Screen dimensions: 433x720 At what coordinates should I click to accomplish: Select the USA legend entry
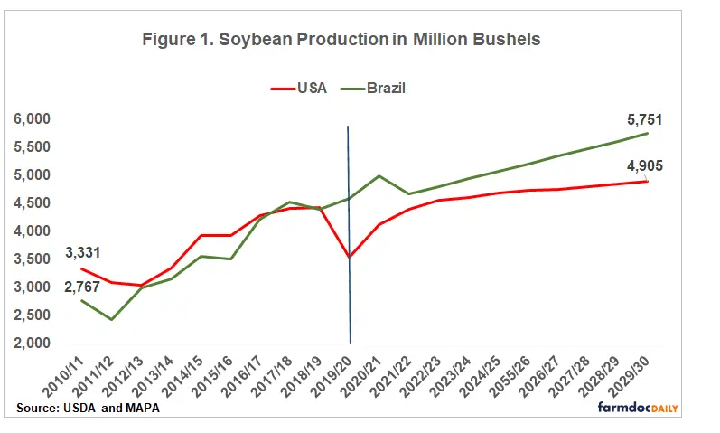pyautogui.click(x=299, y=88)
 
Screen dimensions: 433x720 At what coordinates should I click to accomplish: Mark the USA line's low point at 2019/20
pyautogui.click(x=350, y=257)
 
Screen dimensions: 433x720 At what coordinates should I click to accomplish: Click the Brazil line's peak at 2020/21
pyautogui.click(x=379, y=175)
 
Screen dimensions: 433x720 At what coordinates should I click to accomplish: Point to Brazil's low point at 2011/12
pyautogui.click(x=110, y=320)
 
